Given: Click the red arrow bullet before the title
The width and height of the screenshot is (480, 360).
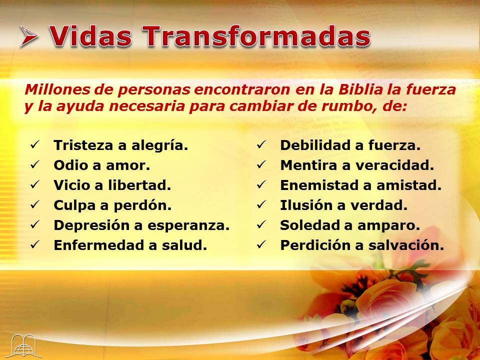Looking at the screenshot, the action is point(29,36).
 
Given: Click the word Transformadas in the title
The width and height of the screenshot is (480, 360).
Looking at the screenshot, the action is point(256,36).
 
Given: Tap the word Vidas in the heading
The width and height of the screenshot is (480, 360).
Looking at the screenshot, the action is point(90,36).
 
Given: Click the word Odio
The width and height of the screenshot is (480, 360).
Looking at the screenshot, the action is point(70,165).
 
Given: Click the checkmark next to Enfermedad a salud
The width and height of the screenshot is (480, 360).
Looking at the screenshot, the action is point(35,244).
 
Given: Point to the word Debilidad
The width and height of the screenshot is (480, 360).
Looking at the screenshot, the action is point(315,145).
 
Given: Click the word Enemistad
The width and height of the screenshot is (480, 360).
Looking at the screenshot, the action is point(315,185).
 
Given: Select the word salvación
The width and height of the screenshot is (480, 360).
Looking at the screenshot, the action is point(406,245).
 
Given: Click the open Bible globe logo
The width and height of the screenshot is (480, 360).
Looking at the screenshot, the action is point(24,346).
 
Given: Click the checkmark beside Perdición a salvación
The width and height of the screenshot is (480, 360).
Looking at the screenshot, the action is point(261,244).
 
